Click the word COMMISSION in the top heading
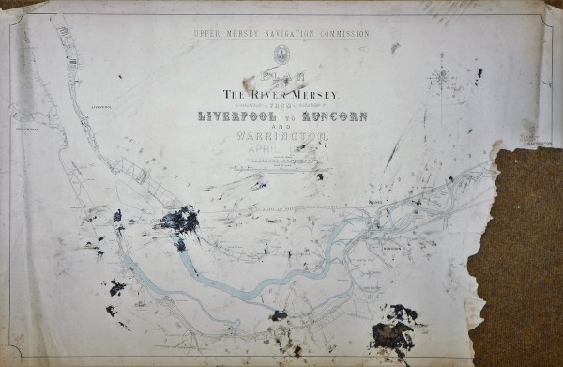pyautogui.click(x=337, y=34)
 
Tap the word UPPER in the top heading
pyautogui.click(x=209, y=34)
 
